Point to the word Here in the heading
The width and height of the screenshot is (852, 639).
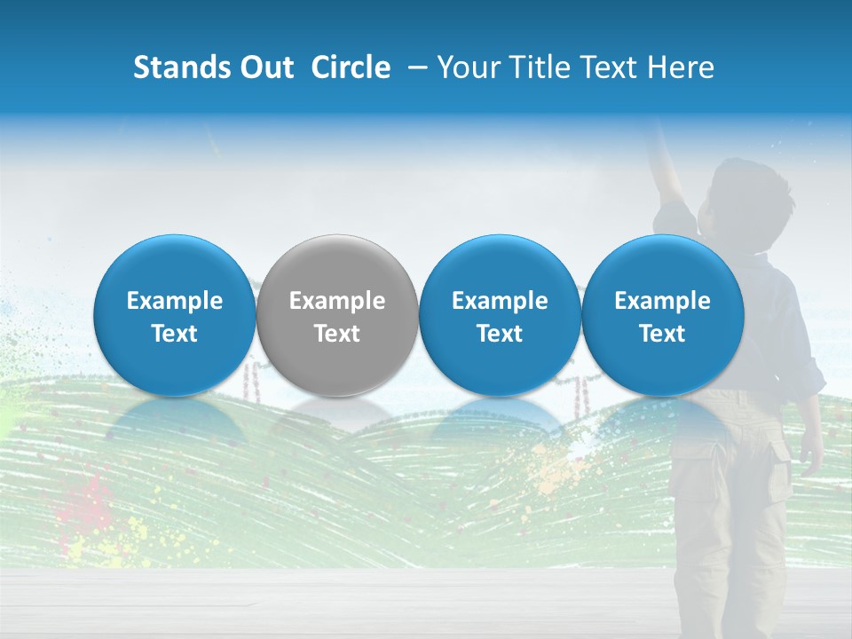click(680, 67)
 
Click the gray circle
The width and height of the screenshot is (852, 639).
click(337, 315)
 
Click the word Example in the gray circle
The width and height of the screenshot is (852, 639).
click(337, 301)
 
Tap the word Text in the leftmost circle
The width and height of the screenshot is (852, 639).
click(175, 334)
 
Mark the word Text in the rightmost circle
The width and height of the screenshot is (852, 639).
click(662, 334)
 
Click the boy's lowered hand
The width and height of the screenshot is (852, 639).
click(810, 456)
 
